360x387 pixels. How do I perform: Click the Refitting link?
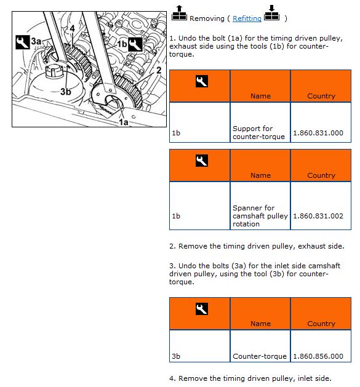point(247,18)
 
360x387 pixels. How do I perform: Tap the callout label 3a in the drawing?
point(36,41)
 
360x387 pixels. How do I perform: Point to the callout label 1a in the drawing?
point(124,122)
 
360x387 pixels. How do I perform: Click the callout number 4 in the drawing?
point(72,29)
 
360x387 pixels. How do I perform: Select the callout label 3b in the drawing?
point(66,92)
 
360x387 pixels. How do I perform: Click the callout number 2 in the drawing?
point(159,70)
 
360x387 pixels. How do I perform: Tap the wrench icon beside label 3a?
point(23,42)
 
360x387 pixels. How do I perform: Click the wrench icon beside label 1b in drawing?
point(135,44)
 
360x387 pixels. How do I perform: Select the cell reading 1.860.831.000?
point(321,122)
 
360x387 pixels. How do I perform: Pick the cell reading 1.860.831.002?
point(321,206)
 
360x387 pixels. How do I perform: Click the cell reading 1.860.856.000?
point(321,346)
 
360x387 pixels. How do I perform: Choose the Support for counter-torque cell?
point(260,122)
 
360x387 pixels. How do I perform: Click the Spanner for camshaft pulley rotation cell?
point(260,206)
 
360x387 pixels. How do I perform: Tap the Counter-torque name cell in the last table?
point(260,346)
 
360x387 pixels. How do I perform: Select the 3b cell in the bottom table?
point(199,346)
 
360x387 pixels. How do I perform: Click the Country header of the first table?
point(321,86)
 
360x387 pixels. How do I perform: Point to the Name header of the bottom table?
point(260,314)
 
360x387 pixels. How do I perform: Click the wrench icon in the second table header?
point(201,161)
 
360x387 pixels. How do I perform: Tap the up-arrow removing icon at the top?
point(179,13)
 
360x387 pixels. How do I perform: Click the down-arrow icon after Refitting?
point(271,13)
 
